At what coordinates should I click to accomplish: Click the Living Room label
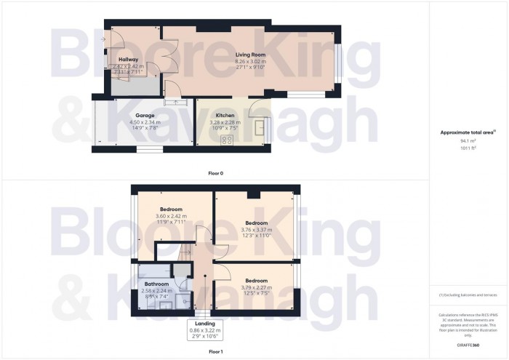pyautogui.click(x=250, y=55)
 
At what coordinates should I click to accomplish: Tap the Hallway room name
pyautogui.click(x=128, y=59)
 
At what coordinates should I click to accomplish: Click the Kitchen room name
pyautogui.click(x=224, y=116)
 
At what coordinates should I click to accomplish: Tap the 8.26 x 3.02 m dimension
pyautogui.click(x=250, y=62)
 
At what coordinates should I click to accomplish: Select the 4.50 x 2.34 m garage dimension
pyautogui.click(x=142, y=123)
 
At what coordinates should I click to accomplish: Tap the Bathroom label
pyautogui.click(x=156, y=284)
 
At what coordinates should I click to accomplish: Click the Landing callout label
pyautogui.click(x=204, y=324)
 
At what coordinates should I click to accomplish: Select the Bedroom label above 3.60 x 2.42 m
pyautogui.click(x=171, y=209)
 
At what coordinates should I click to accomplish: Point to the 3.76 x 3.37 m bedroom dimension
pyautogui.click(x=257, y=230)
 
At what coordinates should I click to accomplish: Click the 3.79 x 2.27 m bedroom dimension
pyautogui.click(x=256, y=287)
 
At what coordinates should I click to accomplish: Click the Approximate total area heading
pyautogui.click(x=468, y=132)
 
